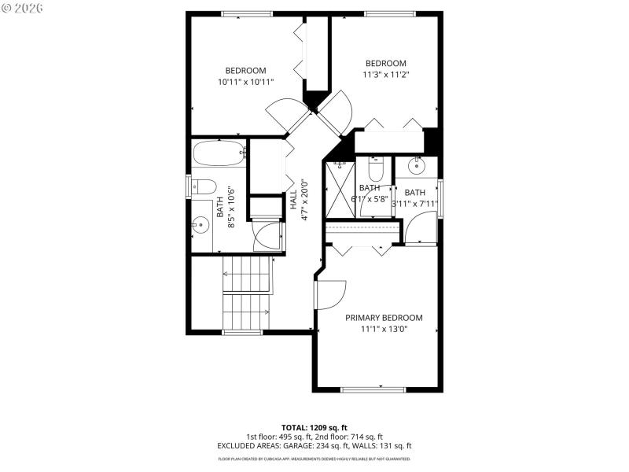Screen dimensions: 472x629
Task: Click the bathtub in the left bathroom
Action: pyautogui.click(x=219, y=153)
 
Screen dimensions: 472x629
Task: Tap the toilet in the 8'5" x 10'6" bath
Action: pyautogui.click(x=204, y=187)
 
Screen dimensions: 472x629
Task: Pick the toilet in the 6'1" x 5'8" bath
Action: pyautogui.click(x=374, y=170)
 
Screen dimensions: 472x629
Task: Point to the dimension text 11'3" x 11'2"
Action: pyautogui.click(x=385, y=76)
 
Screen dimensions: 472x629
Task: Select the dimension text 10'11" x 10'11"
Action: pyautogui.click(x=245, y=82)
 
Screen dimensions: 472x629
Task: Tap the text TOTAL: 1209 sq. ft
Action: pyautogui.click(x=314, y=427)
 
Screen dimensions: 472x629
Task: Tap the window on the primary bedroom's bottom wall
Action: pyautogui.click(x=373, y=389)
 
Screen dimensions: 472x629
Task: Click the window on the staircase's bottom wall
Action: pyautogui.click(x=242, y=332)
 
